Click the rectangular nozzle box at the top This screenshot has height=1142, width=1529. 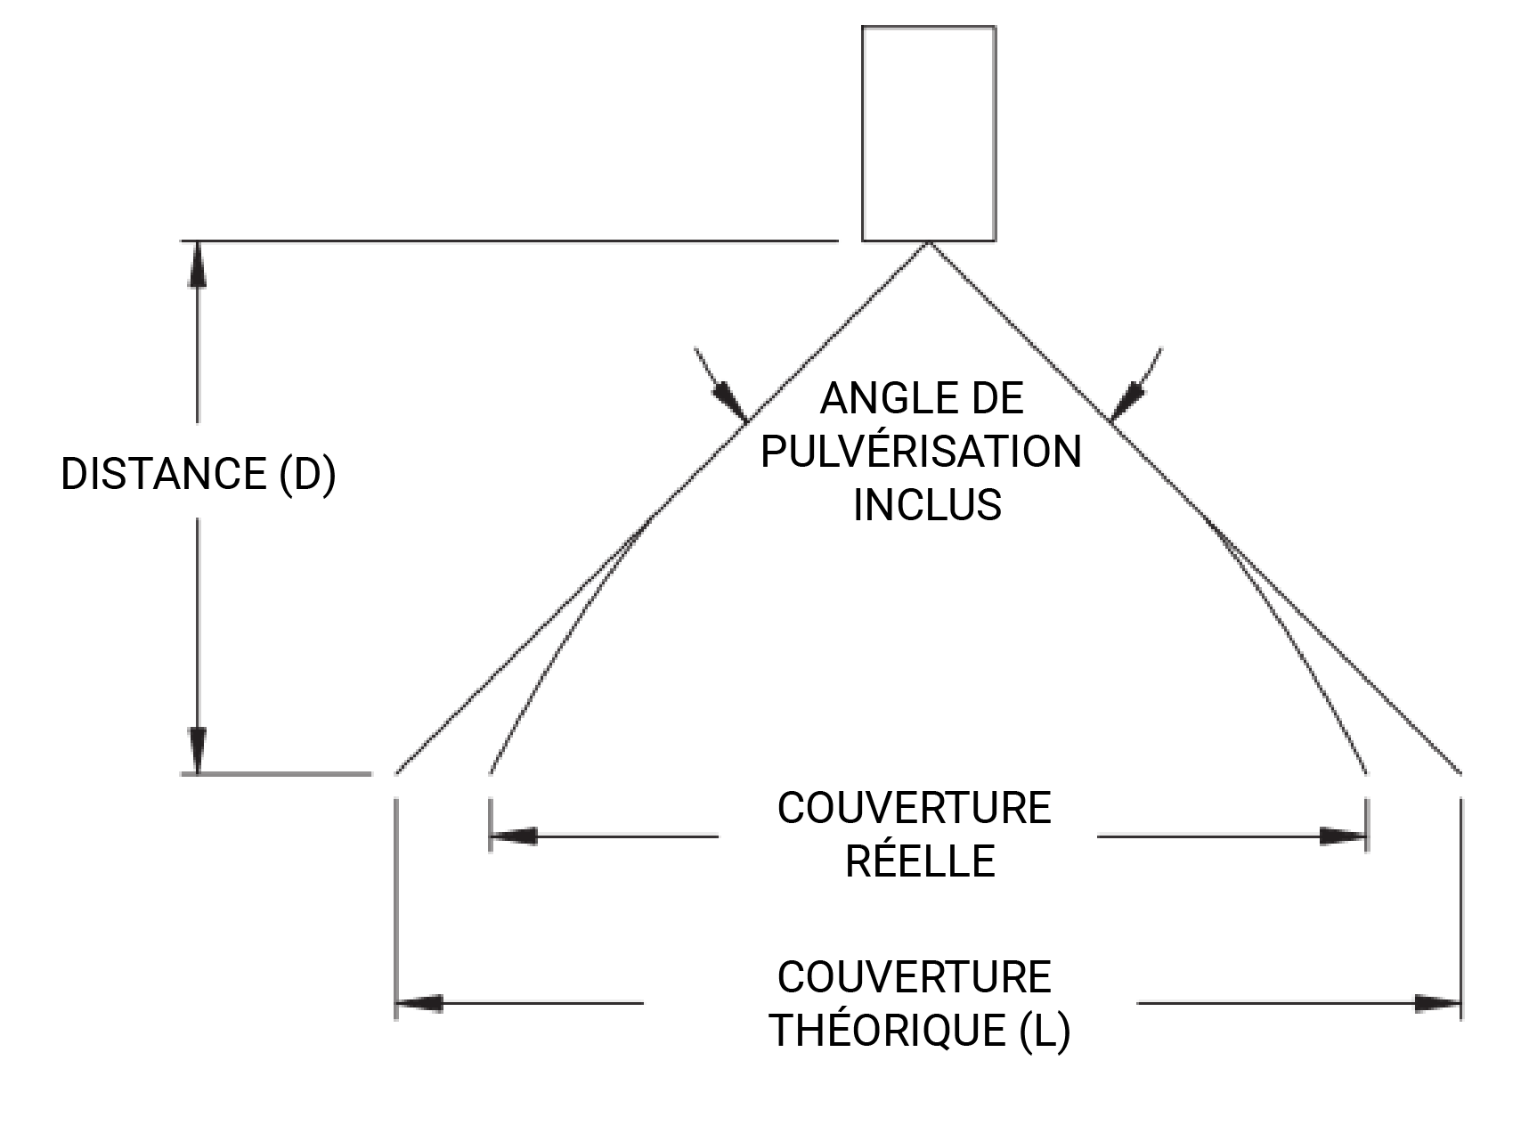click(928, 134)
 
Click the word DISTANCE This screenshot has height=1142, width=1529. click(164, 474)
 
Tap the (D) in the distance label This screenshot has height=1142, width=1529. click(308, 474)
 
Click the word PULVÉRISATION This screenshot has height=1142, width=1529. click(922, 452)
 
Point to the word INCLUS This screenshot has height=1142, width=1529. click(927, 505)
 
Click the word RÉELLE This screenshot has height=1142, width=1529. click(920, 861)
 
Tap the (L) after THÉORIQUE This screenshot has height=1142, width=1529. click(1045, 1031)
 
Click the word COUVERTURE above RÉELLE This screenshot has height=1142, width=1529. click(915, 809)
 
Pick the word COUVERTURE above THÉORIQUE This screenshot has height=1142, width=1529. click(915, 977)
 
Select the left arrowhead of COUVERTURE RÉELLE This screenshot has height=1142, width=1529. click(513, 836)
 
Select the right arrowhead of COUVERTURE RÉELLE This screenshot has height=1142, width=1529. click(1343, 836)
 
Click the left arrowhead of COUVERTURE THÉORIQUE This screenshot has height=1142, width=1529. click(419, 1003)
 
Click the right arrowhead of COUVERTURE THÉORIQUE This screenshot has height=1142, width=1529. click(1438, 1003)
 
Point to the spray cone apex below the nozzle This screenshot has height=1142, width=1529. click(929, 243)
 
